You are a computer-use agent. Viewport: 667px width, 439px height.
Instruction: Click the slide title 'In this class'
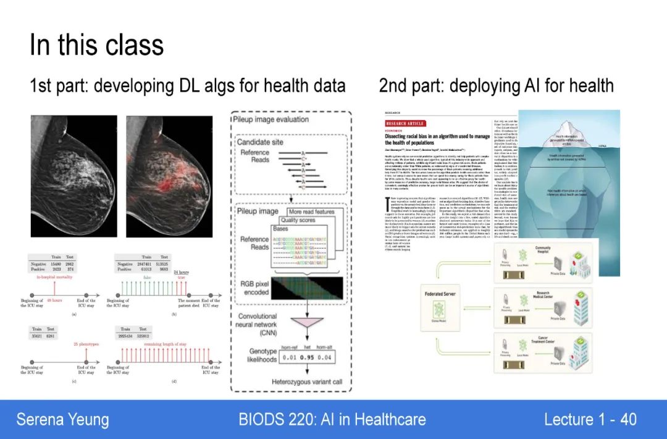(x=97, y=45)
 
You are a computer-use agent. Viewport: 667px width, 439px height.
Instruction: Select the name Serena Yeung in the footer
(x=62, y=420)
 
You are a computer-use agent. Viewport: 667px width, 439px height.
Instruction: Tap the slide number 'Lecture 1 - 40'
(x=590, y=420)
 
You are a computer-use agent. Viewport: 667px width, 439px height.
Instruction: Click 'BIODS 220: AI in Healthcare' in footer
(x=332, y=420)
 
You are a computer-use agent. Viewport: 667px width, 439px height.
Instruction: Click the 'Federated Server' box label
(x=440, y=294)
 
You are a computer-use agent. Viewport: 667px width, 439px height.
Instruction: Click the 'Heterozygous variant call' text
(x=307, y=381)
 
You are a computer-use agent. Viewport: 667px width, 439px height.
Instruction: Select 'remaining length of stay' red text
(x=162, y=344)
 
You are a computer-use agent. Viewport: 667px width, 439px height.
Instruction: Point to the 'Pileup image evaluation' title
(x=271, y=119)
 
